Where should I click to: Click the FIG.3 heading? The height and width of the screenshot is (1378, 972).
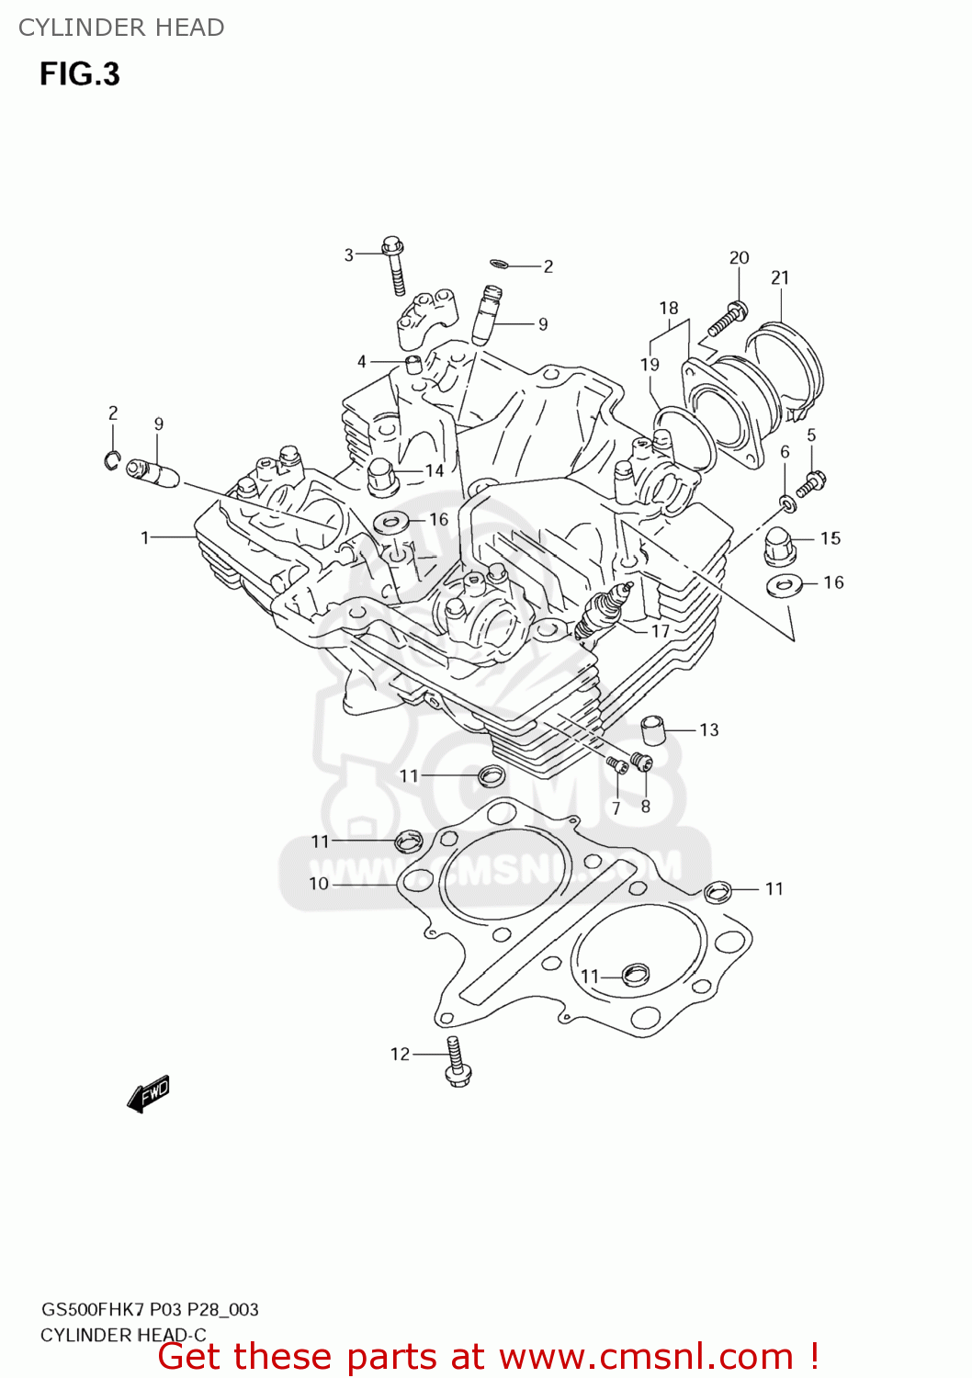80,73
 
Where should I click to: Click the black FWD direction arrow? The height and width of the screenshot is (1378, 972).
149,1093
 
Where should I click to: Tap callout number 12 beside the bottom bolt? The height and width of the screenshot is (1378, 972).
400,1054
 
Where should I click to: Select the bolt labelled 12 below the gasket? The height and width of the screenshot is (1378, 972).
457,1062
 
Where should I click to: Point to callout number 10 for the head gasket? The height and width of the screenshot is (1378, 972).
319,883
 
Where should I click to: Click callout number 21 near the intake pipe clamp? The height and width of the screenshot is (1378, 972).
780,277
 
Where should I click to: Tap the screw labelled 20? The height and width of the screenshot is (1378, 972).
727,319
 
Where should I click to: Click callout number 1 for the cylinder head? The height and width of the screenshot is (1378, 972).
145,537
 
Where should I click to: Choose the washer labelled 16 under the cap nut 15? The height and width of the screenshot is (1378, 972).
784,584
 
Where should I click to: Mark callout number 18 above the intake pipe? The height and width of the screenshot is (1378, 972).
669,308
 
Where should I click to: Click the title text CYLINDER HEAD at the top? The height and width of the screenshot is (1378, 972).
121,28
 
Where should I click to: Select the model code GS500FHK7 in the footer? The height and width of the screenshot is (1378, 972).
93,1309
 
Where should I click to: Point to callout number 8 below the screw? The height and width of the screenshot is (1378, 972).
646,807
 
